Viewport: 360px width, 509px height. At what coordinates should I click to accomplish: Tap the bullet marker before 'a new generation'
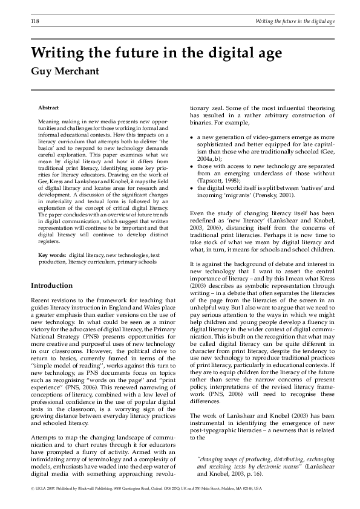[x=192, y=138]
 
